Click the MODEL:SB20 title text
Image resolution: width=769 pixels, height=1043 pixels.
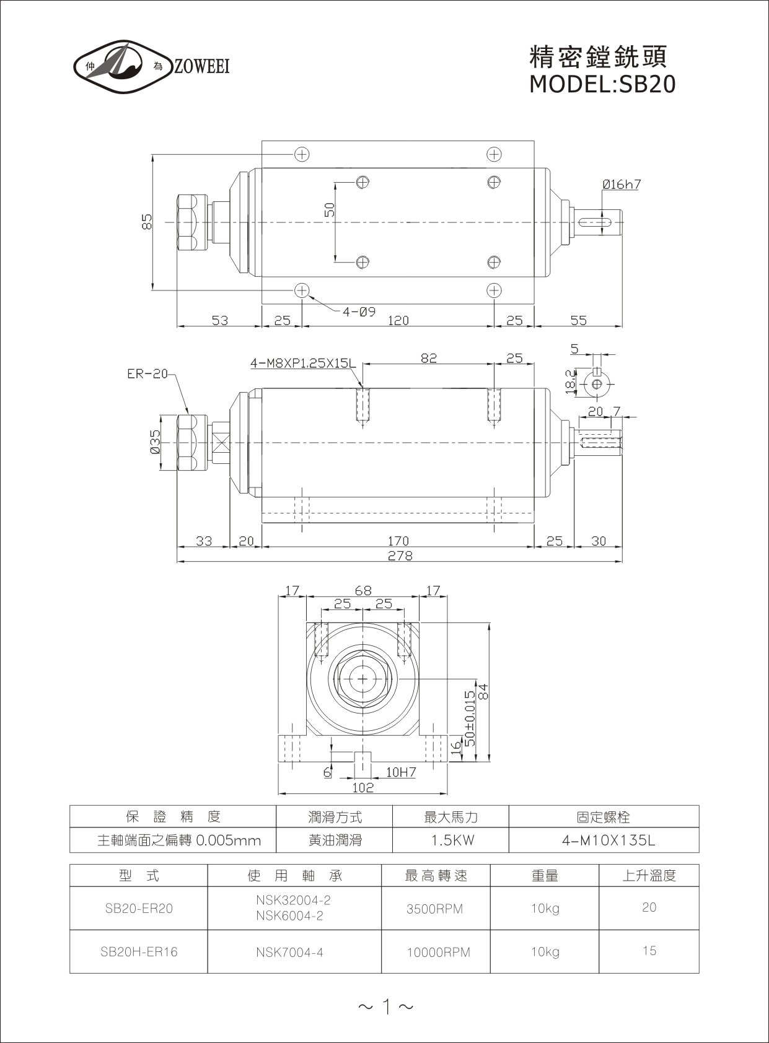click(602, 84)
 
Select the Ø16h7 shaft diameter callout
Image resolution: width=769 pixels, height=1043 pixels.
click(621, 185)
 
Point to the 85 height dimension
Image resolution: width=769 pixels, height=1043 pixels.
click(147, 222)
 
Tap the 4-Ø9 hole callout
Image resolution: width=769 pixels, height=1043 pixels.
click(359, 312)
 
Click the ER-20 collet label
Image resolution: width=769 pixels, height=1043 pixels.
click(147, 374)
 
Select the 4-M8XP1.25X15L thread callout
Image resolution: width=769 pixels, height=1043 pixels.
click(303, 364)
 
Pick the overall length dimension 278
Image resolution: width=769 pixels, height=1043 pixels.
click(400, 556)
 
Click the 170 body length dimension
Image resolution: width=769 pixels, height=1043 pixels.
click(398, 541)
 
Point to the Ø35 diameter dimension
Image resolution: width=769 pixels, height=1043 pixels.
click(155, 442)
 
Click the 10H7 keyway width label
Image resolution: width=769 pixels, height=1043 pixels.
click(401, 772)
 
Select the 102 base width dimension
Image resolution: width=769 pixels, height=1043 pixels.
click(363, 787)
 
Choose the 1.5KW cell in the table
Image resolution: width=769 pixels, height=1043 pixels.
click(450, 840)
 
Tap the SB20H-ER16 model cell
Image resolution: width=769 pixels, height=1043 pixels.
click(139, 951)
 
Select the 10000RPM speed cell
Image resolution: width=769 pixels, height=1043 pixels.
click(438, 952)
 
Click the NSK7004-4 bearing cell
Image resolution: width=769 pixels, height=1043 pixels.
click(289, 952)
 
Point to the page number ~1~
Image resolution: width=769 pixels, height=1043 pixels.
click(385, 1007)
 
